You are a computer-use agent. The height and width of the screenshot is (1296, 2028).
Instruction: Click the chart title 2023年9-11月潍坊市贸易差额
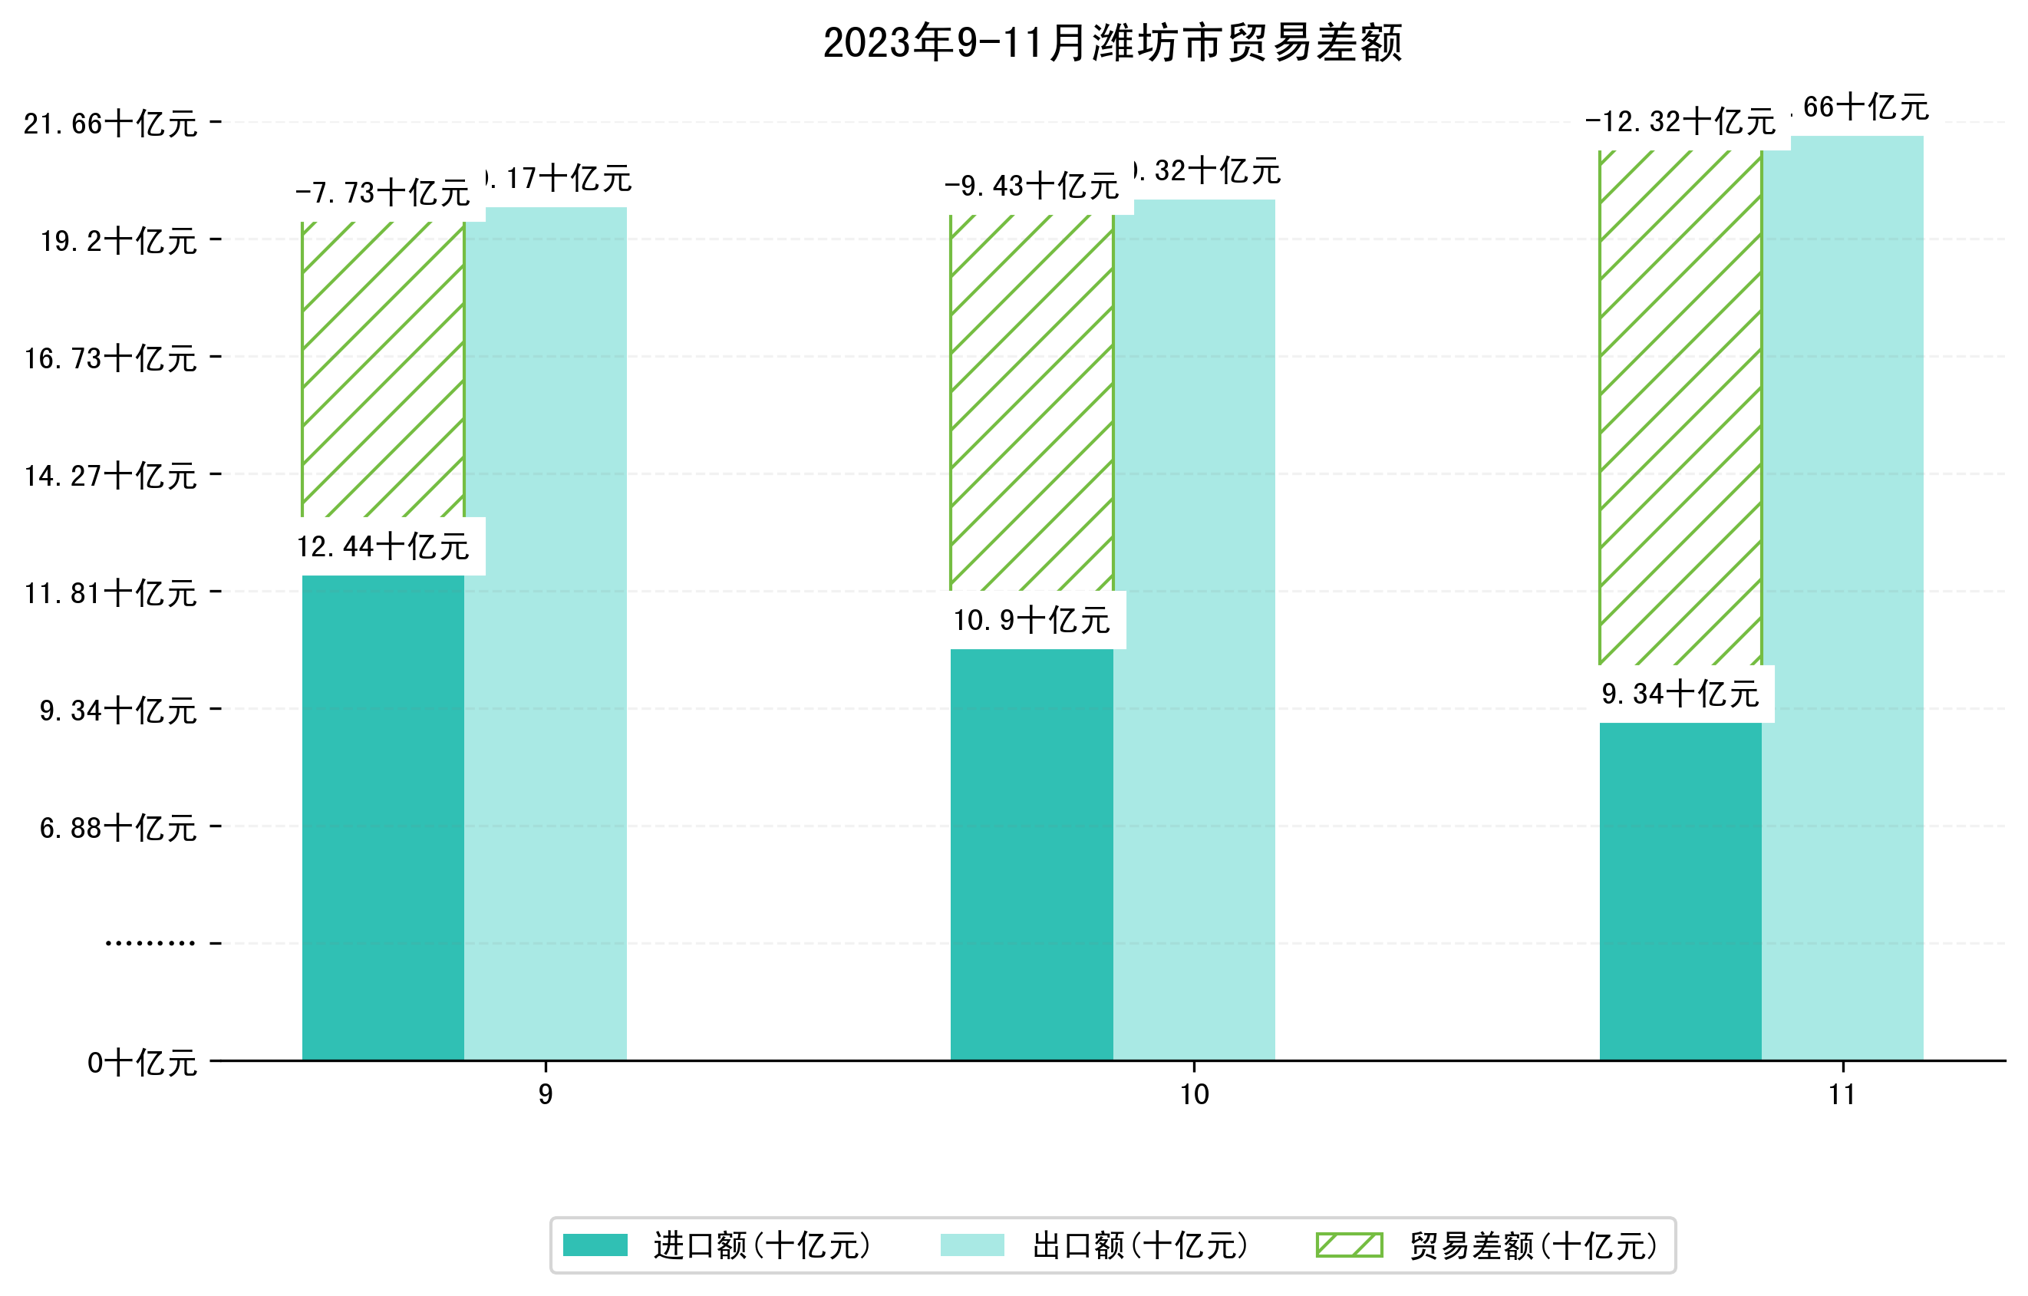pyautogui.click(x=1112, y=43)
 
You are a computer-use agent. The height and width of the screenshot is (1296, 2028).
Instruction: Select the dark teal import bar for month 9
pyautogui.click(x=382, y=817)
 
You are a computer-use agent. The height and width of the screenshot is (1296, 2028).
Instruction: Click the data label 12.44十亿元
pyautogui.click(x=383, y=547)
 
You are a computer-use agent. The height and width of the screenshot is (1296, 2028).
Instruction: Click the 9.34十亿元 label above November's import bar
pyautogui.click(x=1680, y=694)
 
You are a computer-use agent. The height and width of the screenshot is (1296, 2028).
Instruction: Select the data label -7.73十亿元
pyautogui.click(x=383, y=193)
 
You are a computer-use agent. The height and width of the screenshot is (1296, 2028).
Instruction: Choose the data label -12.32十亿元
pyautogui.click(x=1680, y=122)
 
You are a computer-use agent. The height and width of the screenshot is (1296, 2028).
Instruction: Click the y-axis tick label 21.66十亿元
pyautogui.click(x=110, y=124)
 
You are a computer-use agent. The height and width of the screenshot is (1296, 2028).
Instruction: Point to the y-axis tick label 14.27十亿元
pyautogui.click(x=110, y=476)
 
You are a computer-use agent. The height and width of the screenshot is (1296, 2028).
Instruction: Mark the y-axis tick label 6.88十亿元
pyautogui.click(x=118, y=828)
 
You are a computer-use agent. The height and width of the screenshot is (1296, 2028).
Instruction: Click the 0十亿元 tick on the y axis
pyautogui.click(x=141, y=1063)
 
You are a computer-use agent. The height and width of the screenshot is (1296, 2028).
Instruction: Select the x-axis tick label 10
pyautogui.click(x=1193, y=1095)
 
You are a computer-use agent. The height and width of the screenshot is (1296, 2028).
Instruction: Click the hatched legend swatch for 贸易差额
pyautogui.click(x=1349, y=1245)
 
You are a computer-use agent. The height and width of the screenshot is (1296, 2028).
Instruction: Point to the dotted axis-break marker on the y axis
pyautogui.click(x=150, y=943)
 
